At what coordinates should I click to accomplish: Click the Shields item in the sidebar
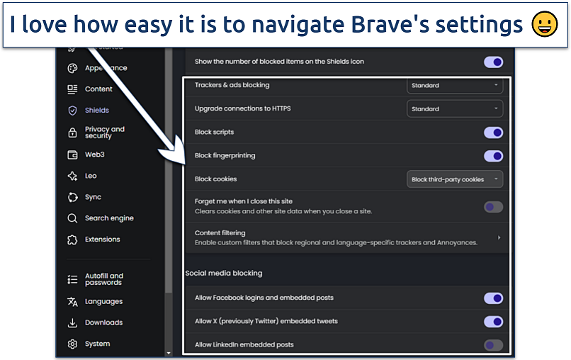point(96,111)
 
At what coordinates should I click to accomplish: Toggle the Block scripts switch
point(493,133)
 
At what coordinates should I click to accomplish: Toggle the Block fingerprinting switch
point(493,156)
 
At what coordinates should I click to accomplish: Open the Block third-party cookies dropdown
point(455,179)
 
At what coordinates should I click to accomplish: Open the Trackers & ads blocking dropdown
point(455,85)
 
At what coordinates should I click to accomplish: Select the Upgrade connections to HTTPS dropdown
point(455,109)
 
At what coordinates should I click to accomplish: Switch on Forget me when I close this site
point(493,207)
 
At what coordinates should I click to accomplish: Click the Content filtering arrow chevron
point(499,237)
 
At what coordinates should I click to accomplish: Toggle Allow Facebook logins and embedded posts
point(493,298)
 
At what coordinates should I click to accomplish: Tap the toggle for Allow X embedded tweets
point(493,322)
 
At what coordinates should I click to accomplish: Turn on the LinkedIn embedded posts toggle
point(493,345)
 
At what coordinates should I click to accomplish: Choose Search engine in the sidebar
point(108,218)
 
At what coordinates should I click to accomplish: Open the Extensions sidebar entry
point(102,240)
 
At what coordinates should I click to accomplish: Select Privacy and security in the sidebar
point(103,133)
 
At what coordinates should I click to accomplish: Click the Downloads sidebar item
point(103,322)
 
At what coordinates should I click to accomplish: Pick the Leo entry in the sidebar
point(90,176)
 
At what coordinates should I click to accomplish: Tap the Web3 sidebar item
point(94,154)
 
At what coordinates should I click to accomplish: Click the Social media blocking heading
point(224,273)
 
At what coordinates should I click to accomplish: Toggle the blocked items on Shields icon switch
point(493,62)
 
